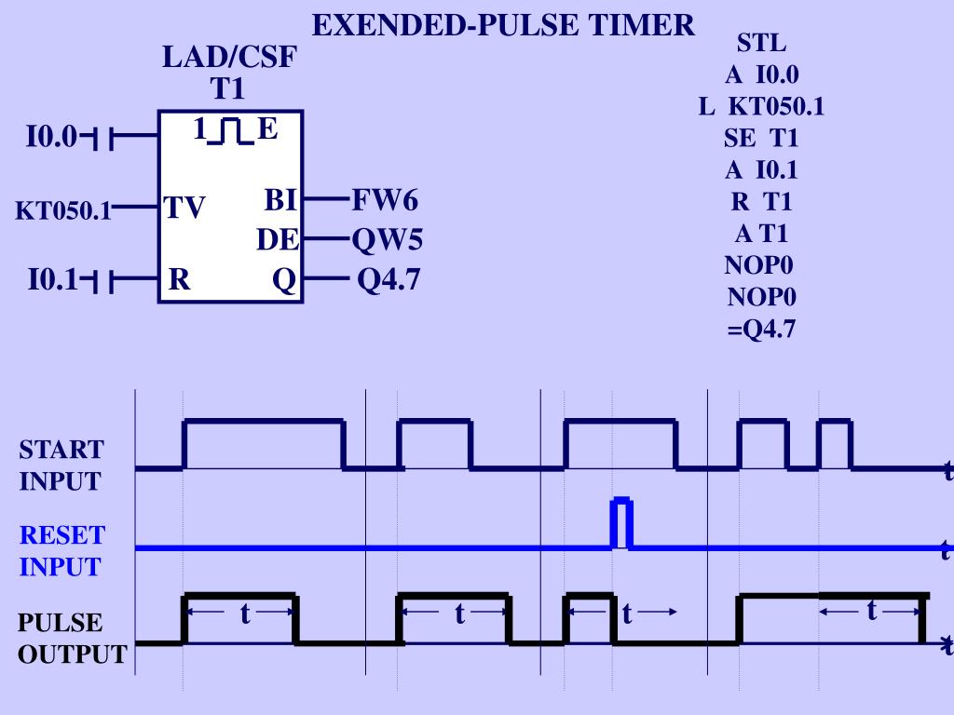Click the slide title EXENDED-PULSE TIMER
[x=503, y=25]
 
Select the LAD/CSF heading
[x=229, y=58]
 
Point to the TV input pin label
[x=185, y=208]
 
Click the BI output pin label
[x=280, y=200]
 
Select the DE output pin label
[x=278, y=240]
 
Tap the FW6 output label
[x=385, y=200]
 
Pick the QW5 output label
[x=387, y=240]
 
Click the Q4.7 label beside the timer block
[x=388, y=279]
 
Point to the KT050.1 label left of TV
[x=62, y=211]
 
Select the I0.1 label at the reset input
[x=52, y=279]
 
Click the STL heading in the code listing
[x=761, y=43]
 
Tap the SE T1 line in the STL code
[x=761, y=138]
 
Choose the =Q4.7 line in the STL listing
[x=761, y=329]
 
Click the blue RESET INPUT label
[x=61, y=550]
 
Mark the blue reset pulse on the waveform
[x=621, y=523]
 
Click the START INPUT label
[x=61, y=465]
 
